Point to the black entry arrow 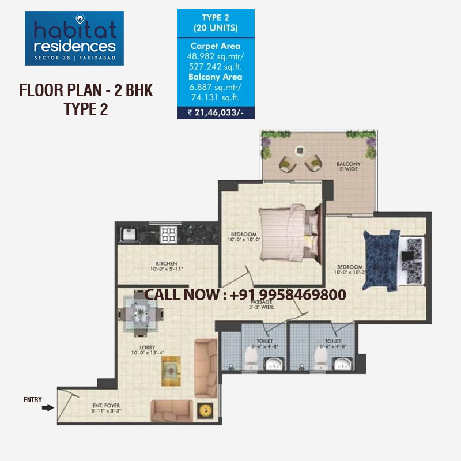pyautogui.click(x=47, y=408)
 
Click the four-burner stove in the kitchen pyautogui.click(x=168, y=233)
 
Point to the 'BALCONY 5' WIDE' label pyautogui.click(x=347, y=167)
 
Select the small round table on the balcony pyautogui.click(x=300, y=152)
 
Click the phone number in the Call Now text pyautogui.click(x=288, y=294)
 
